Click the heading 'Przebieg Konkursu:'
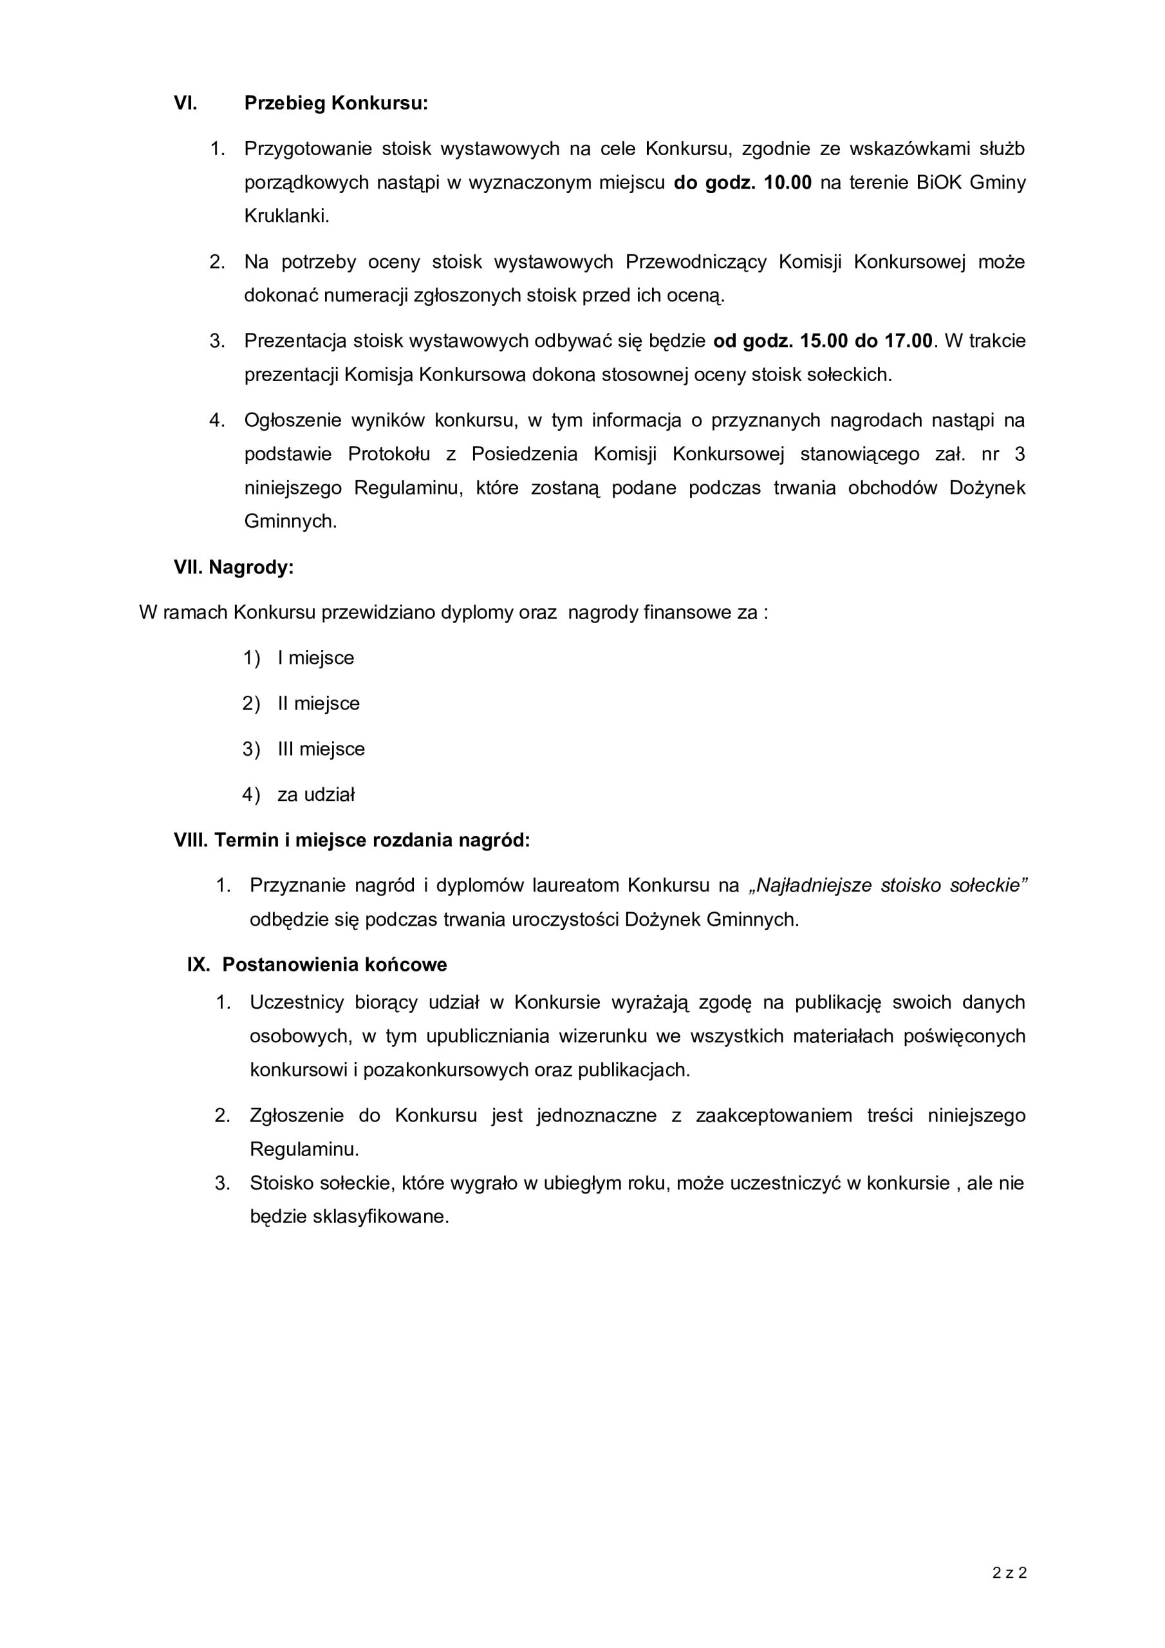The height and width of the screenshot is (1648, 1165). point(336,104)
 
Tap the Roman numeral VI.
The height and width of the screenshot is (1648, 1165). point(185,104)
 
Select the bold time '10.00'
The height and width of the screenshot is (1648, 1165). point(787,182)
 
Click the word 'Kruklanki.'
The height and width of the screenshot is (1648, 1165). point(287,216)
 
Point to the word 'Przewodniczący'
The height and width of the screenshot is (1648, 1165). point(696,262)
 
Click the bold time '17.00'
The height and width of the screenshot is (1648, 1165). point(909,341)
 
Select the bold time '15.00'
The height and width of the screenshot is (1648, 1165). point(824,341)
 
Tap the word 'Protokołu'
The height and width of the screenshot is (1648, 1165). point(389,454)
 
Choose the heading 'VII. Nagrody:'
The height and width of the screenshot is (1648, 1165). point(234,568)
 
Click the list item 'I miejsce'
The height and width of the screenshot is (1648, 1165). point(316,658)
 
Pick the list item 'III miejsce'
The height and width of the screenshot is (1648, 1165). point(321,749)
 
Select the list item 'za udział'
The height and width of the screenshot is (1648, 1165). point(316,794)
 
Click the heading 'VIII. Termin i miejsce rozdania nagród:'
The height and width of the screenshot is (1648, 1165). point(351,840)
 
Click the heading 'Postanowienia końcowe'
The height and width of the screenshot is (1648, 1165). point(335,965)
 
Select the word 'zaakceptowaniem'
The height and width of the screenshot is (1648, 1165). point(774,1116)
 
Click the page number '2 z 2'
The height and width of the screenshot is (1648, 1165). point(1009,1553)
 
